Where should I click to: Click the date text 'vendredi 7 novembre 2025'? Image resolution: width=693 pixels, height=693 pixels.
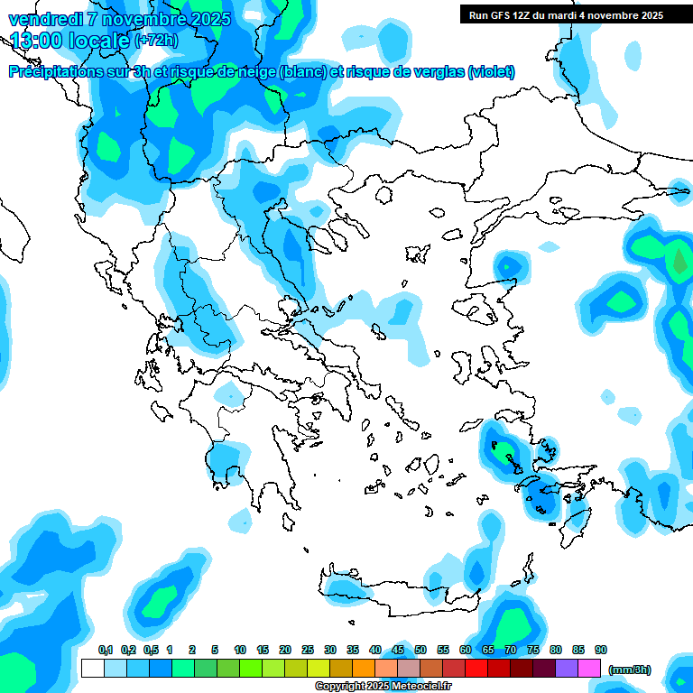(x=119, y=19)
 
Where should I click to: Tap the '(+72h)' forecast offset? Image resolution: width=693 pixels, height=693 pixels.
(x=156, y=41)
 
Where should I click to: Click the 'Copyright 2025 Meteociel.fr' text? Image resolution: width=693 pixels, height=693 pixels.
(x=383, y=687)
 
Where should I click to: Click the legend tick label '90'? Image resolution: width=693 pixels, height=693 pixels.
(x=601, y=650)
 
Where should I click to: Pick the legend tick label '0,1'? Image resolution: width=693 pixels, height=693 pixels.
(x=106, y=650)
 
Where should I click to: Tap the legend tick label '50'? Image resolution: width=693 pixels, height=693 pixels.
(x=420, y=650)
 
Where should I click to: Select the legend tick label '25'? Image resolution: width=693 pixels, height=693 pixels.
(x=308, y=650)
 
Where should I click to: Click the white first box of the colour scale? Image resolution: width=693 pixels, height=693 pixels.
(x=92, y=668)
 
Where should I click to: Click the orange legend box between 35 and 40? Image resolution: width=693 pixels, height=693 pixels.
(x=364, y=668)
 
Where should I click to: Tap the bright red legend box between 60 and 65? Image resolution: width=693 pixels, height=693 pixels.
(x=476, y=668)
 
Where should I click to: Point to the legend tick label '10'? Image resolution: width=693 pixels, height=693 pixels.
(x=240, y=650)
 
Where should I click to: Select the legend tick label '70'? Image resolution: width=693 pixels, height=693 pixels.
(x=511, y=650)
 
